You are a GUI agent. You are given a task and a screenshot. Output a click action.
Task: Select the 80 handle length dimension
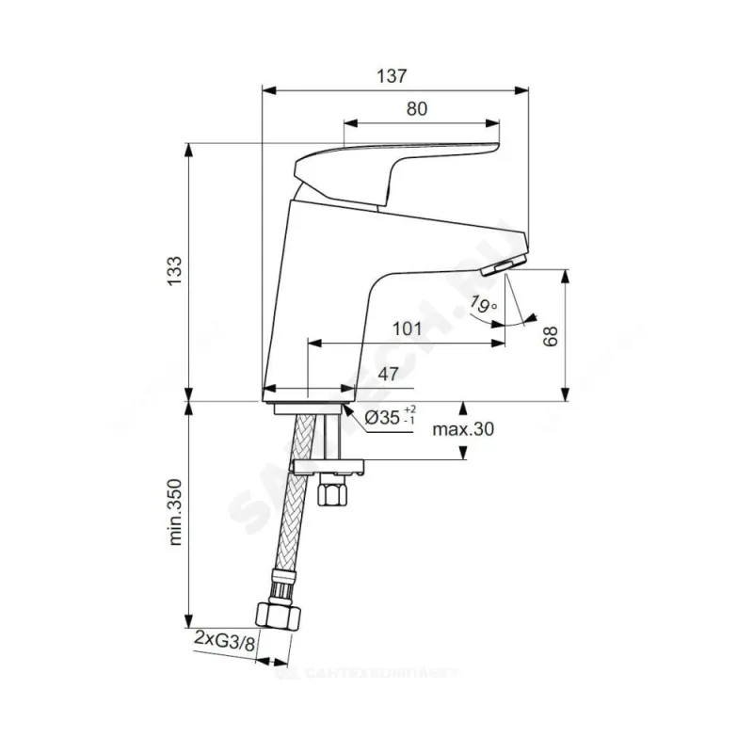pos(418,108)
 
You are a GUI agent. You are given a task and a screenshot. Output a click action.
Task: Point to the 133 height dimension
pos(172,273)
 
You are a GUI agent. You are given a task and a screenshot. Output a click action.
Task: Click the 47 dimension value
pos(386,374)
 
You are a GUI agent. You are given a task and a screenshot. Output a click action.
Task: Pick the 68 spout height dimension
pos(551,336)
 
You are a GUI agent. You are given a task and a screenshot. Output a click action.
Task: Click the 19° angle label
pos(481,305)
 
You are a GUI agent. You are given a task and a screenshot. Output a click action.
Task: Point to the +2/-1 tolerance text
pos(409,415)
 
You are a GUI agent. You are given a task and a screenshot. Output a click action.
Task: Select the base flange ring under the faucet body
pos(307,409)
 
